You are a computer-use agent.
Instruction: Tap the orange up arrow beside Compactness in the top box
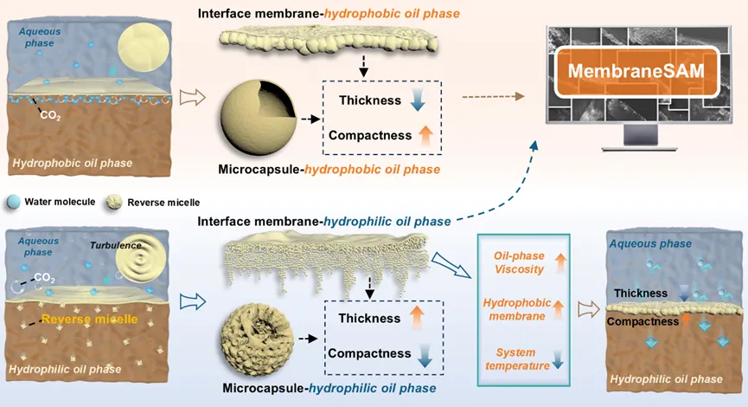(425, 134)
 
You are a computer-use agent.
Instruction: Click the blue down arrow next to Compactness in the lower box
(425, 353)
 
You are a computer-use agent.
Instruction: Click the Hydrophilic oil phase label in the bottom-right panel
(667, 379)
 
